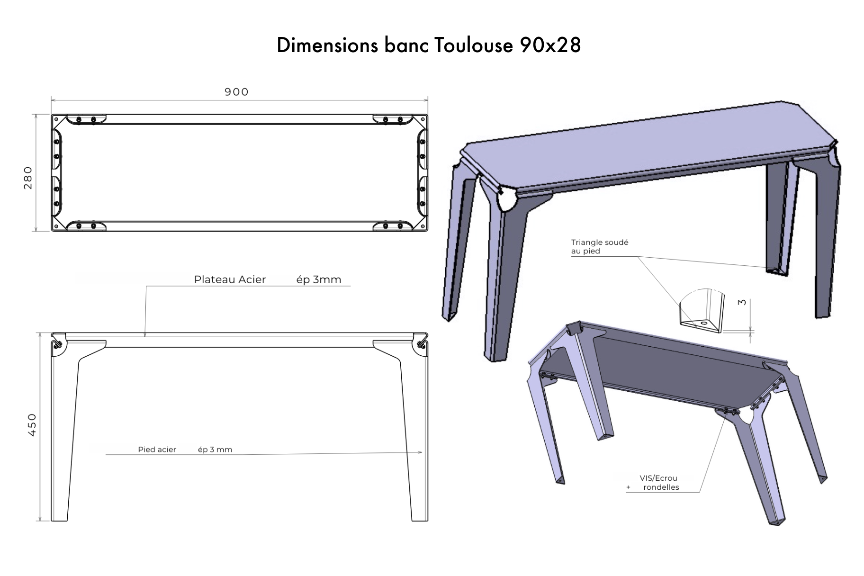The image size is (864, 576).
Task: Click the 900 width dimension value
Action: tap(236, 92)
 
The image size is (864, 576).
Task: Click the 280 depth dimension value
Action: tap(28, 178)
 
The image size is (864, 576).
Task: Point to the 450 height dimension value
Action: tap(32, 425)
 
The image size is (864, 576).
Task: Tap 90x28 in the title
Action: tap(550, 45)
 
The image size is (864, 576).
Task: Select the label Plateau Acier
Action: tap(230, 279)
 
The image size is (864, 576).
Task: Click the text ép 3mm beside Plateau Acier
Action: tap(319, 279)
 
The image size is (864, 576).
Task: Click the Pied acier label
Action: tap(157, 450)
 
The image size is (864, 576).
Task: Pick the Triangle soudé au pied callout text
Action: tap(599, 246)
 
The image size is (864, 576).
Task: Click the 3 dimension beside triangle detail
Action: tap(742, 302)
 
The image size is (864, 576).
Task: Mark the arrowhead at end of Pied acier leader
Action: tap(420, 452)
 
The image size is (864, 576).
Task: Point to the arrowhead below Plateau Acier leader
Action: tap(145, 335)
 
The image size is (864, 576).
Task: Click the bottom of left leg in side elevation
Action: tap(59, 519)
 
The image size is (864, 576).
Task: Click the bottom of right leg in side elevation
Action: tap(420, 519)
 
